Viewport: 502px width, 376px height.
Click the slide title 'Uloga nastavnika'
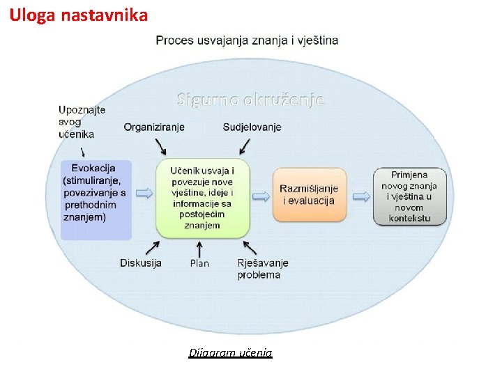tap(78, 14)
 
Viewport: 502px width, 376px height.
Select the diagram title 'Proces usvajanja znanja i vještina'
tap(247, 40)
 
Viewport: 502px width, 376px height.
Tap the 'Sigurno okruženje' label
tap(250, 99)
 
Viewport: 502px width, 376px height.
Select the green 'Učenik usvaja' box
tap(202, 198)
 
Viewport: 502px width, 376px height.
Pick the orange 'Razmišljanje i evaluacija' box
tap(309, 195)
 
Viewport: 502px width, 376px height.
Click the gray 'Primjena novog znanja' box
tap(409, 196)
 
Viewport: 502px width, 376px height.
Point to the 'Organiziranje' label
tap(154, 127)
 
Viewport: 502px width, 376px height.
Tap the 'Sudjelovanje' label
tap(252, 127)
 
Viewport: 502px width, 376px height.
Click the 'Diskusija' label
tap(141, 263)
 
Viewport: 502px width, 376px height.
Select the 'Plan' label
tap(199, 263)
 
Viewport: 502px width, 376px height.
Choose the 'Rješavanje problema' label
tap(262, 269)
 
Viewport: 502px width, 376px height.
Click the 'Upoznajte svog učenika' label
tap(82, 121)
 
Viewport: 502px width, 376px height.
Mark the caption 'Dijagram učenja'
tap(230, 353)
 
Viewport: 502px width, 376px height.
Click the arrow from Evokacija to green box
tap(144, 193)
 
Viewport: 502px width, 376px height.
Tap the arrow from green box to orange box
tap(261, 196)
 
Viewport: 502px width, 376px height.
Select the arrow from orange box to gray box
tap(361, 196)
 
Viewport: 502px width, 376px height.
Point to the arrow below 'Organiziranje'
tap(160, 146)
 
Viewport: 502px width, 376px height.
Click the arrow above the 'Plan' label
tap(199, 248)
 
